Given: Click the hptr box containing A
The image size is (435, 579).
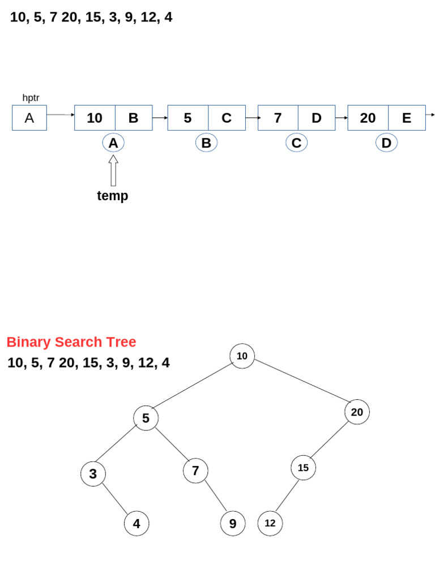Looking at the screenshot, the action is click(29, 118).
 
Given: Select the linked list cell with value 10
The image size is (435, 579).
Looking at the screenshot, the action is click(95, 118).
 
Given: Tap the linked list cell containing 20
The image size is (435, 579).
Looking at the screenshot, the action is click(368, 118).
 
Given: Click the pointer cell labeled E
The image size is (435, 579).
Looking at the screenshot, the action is click(407, 118).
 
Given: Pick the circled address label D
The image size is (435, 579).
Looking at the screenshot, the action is click(386, 143).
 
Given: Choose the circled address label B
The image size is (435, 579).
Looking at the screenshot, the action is click(206, 143).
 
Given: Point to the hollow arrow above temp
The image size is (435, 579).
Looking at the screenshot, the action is click(113, 170).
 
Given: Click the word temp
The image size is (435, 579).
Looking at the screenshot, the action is click(113, 196).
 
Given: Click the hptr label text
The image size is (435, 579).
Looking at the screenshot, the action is click(31, 98).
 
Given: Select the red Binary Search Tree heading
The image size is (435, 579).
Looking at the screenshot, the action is click(71, 342).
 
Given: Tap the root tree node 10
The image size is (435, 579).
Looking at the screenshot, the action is click(242, 356).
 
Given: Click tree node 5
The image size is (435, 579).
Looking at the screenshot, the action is click(146, 418).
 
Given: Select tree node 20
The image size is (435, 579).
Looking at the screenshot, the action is click(357, 412).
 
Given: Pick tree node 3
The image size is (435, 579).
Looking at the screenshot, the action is click(93, 474).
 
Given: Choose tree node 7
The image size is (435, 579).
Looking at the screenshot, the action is click(195, 470).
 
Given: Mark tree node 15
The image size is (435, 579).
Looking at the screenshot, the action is click(303, 468).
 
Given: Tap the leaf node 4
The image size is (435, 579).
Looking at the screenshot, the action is click(137, 524).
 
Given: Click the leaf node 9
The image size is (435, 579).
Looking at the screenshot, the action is click(233, 524).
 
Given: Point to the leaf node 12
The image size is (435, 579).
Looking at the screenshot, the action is click(270, 523).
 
